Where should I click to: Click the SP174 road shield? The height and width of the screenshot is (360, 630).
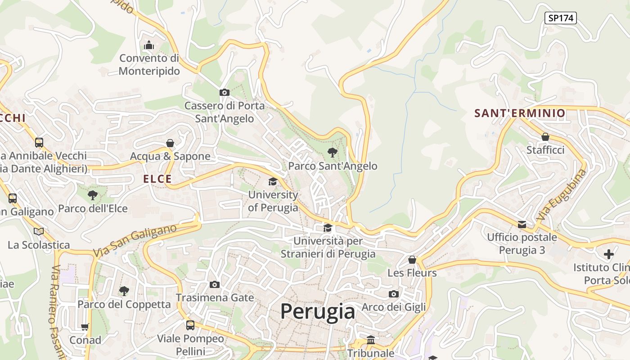click(x=560, y=18)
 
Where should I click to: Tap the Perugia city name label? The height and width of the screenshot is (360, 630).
click(x=318, y=311)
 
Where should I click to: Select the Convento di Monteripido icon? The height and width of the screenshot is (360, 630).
click(x=148, y=45)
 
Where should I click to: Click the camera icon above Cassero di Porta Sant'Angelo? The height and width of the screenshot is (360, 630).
click(x=224, y=93)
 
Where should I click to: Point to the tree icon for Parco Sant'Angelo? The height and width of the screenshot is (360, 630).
click(x=333, y=153)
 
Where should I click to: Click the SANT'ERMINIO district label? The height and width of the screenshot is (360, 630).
click(x=520, y=113)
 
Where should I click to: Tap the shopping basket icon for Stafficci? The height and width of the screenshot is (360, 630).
click(x=545, y=137)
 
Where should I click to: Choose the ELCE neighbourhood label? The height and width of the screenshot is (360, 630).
click(x=157, y=179)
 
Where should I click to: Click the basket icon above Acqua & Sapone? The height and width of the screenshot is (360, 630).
click(x=170, y=143)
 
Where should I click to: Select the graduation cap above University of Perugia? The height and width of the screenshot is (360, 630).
click(x=273, y=182)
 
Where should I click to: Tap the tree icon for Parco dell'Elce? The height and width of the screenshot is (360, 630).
click(x=93, y=195)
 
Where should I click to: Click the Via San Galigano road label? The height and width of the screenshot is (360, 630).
click(x=135, y=241)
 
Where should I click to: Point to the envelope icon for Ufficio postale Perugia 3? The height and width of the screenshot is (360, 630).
click(x=522, y=224)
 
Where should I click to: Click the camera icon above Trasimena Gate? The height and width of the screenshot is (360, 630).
click(x=215, y=284)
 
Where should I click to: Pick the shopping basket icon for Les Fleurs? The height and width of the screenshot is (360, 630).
click(x=412, y=260)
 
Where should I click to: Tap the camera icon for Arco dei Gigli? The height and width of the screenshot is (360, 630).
click(x=394, y=294)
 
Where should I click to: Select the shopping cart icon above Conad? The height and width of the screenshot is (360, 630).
click(x=85, y=327)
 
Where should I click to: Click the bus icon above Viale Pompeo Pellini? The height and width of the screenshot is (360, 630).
click(x=190, y=325)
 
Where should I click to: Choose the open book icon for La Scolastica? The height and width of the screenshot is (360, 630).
click(x=39, y=231)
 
